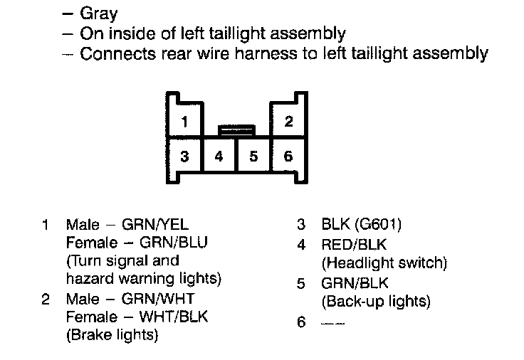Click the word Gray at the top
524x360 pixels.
(99, 14)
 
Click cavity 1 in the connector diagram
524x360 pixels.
(184, 121)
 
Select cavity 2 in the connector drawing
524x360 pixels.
(288, 121)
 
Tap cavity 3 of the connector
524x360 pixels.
(184, 156)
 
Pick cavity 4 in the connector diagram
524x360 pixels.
(219, 156)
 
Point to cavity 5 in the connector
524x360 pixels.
(253, 156)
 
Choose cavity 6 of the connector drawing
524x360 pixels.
(288, 156)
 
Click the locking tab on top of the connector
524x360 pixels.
(236, 130)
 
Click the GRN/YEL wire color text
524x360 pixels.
(156, 226)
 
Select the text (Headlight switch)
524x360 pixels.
(384, 263)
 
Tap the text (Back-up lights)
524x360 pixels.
(377, 301)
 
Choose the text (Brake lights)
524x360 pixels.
(112, 334)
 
